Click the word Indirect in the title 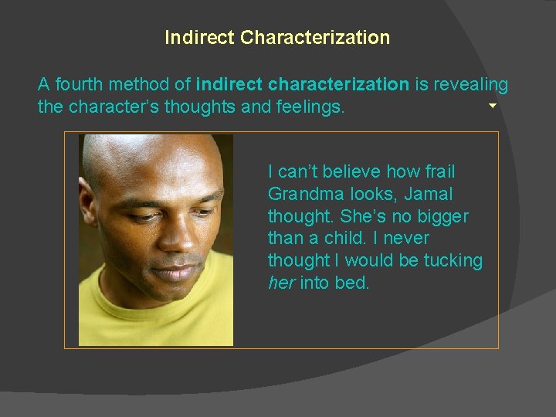[x=200, y=37]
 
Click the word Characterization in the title [x=315, y=37]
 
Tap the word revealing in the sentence [x=471, y=84]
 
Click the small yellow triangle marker [x=492, y=105]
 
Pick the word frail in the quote [x=439, y=171]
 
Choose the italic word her [x=281, y=283]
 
